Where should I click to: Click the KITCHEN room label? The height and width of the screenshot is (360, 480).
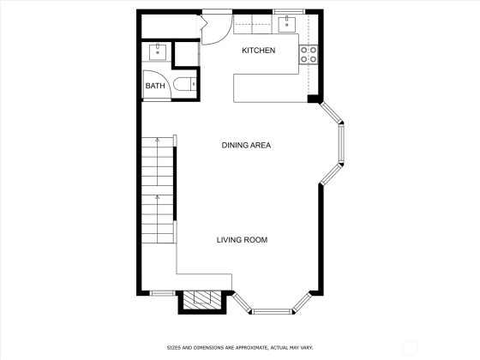[258, 51]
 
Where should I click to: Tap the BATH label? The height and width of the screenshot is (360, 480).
[155, 86]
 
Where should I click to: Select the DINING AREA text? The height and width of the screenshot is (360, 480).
[246, 145]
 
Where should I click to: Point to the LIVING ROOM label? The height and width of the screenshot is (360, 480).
[242, 240]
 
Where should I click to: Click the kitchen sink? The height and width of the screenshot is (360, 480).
[287, 25]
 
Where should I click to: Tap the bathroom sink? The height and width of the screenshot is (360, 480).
[158, 52]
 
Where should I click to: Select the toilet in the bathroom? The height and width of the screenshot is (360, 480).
[184, 84]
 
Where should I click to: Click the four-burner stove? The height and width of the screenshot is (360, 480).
[309, 54]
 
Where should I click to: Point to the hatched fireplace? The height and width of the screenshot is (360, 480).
[202, 299]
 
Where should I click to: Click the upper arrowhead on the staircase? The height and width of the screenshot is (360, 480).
[158, 140]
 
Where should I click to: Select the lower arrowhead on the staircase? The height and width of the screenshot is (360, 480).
[158, 197]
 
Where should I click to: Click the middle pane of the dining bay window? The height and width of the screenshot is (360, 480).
[341, 144]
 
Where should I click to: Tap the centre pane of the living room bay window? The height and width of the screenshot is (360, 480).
[272, 312]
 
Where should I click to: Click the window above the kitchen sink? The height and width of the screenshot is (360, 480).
[289, 12]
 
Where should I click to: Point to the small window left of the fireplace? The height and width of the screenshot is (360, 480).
[162, 293]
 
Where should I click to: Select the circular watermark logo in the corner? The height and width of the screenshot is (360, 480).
[411, 347]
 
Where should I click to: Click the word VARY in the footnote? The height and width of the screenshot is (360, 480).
[307, 348]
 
